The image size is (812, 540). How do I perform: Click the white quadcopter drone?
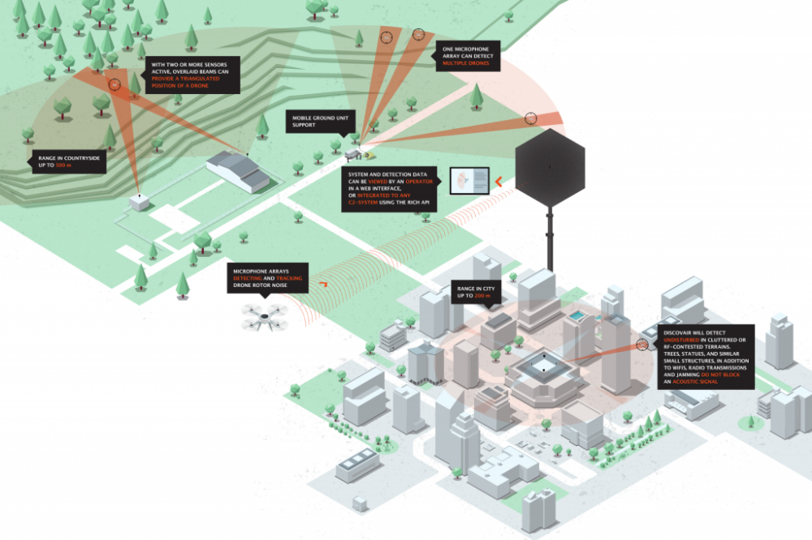pos(265,316)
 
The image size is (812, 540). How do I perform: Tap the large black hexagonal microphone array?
pos(550,167)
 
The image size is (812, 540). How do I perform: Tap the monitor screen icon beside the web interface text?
pos(470,181)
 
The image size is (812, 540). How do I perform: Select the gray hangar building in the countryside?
pos(237,169)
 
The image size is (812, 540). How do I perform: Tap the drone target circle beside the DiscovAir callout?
pos(642,345)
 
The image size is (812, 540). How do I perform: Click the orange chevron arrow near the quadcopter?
pos(323,284)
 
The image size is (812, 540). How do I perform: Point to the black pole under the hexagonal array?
pos(550,239)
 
